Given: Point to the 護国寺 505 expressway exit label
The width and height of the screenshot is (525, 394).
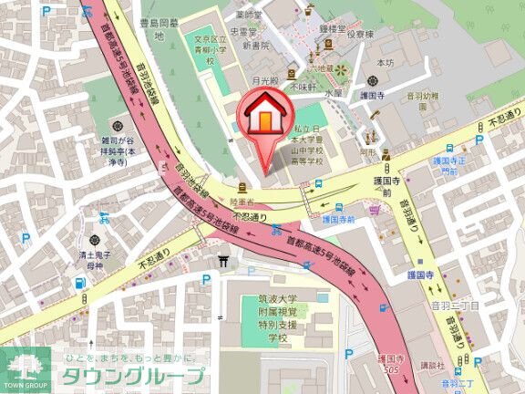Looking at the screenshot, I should (389, 365).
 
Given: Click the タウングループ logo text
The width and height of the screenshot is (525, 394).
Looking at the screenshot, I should (132, 376).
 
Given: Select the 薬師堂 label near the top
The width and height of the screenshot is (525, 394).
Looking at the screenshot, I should (248, 15).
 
